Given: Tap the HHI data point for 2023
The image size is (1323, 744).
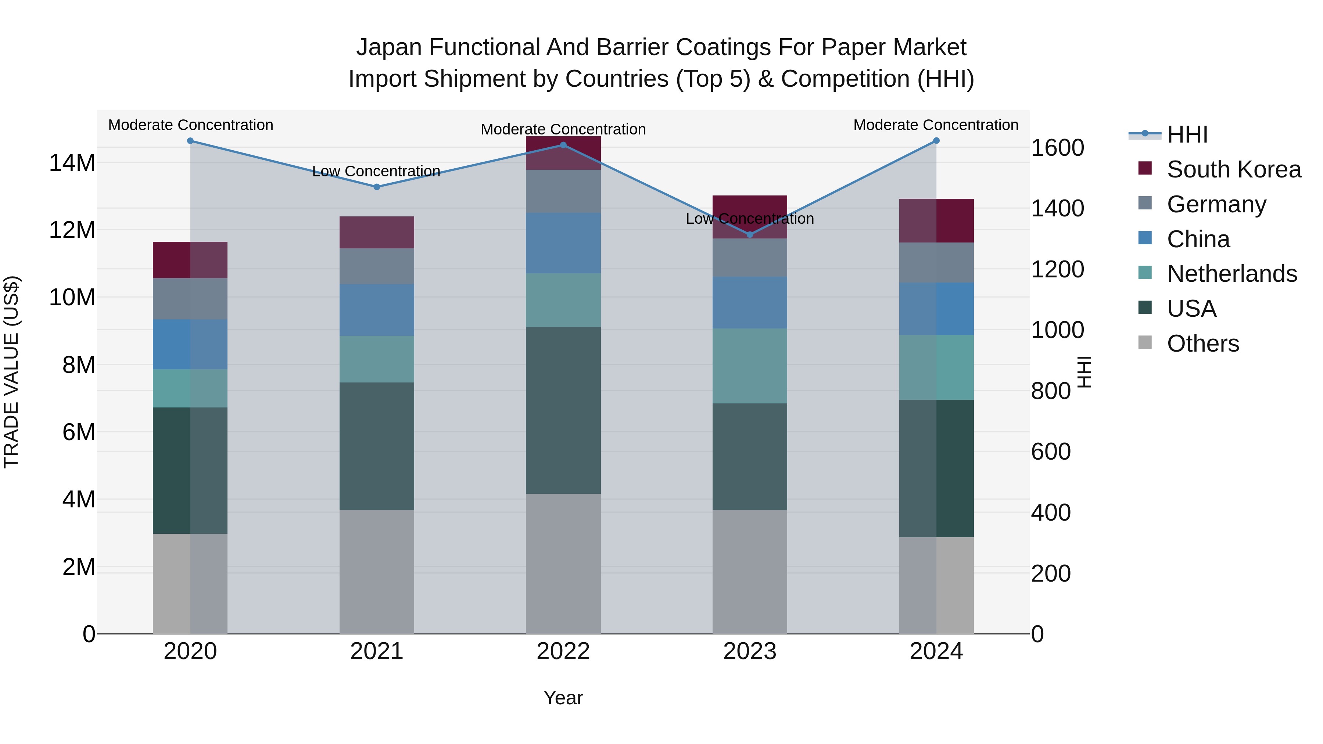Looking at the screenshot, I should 749,235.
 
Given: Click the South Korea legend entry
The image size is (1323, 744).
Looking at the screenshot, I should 1233,169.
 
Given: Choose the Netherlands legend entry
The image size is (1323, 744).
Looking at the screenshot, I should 1231,274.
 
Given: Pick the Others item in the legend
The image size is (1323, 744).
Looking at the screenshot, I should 1202,344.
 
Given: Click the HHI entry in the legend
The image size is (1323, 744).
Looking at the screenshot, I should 1187,134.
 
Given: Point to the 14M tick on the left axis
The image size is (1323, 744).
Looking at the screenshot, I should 72,163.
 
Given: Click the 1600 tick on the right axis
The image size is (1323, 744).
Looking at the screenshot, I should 1057,148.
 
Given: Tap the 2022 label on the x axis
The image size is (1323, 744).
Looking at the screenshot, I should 563,651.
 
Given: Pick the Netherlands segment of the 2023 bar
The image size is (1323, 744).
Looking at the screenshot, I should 749,366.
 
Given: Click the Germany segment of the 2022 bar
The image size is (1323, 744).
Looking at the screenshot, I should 563,191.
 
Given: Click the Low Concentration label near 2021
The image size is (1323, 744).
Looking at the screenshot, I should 376,171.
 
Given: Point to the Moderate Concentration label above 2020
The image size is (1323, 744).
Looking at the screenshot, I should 190,125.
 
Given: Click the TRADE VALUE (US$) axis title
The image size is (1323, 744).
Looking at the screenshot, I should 11,372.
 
